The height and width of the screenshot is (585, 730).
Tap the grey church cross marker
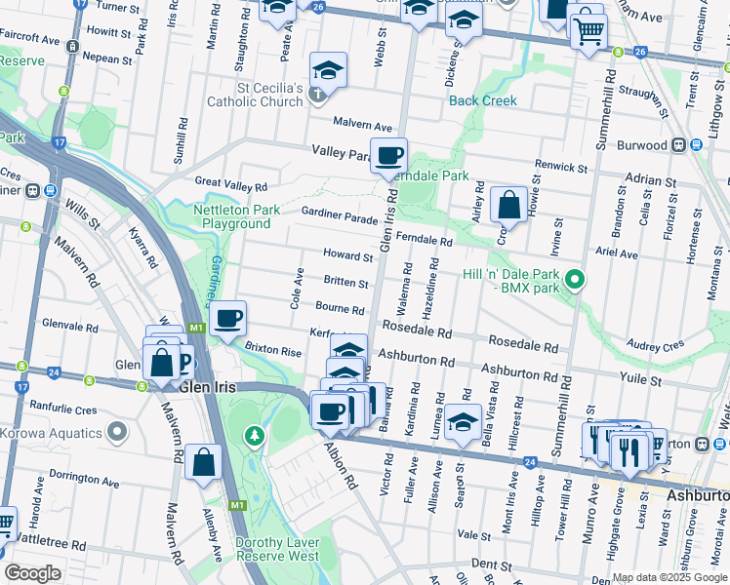[316, 96]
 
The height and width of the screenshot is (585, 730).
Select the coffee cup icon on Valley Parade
[388, 155]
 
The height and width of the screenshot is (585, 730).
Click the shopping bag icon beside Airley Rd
[508, 205]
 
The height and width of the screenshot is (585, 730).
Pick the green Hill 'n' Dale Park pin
[576, 281]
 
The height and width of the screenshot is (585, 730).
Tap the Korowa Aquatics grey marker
[118, 429]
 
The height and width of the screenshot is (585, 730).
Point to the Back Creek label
[482, 100]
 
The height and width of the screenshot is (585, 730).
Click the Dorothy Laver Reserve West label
[276, 549]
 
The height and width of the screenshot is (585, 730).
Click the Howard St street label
[348, 257]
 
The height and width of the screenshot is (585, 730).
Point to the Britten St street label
[346, 284]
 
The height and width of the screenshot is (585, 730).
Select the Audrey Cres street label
[655, 346]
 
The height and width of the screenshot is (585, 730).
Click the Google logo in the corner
[33, 573]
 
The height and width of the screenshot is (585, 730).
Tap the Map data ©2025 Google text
[669, 577]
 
